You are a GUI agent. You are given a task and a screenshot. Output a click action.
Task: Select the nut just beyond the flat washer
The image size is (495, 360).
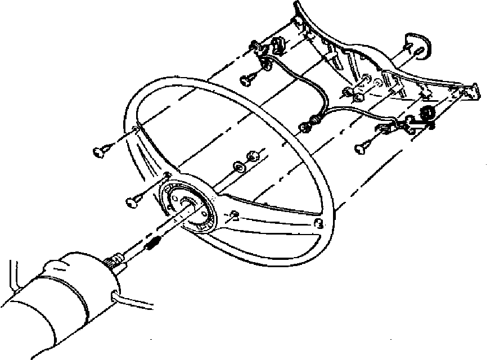pyautogui.click(x=252, y=156)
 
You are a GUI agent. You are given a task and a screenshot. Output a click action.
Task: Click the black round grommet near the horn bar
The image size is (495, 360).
pyautogui.click(x=427, y=112)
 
